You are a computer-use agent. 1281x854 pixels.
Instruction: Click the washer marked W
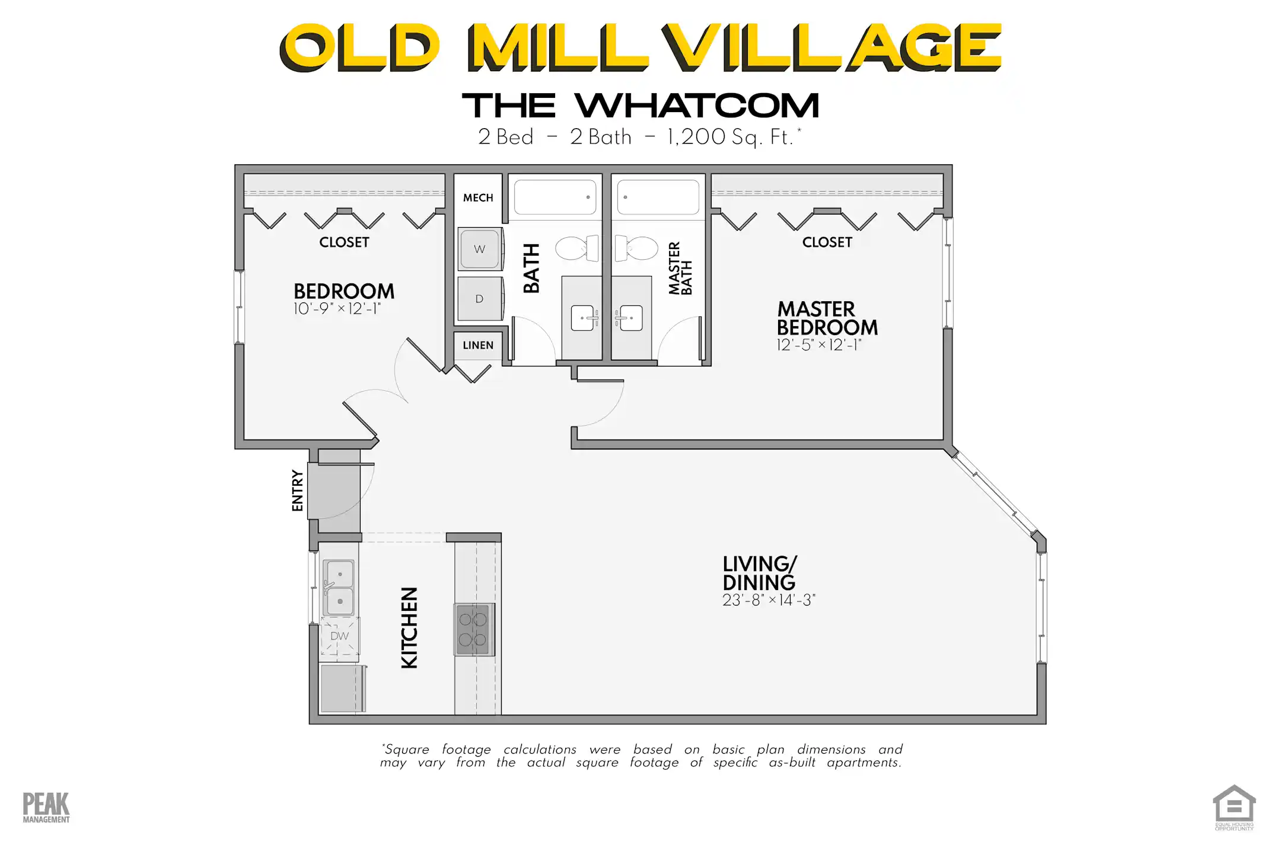click(480, 249)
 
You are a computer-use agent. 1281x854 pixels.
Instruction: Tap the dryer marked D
click(480, 299)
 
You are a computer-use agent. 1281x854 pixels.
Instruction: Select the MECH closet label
click(478, 197)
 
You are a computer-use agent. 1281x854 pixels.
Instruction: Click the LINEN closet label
click(478, 345)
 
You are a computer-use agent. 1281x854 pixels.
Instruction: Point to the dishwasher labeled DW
click(340, 636)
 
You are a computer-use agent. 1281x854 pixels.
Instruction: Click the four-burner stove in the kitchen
click(473, 629)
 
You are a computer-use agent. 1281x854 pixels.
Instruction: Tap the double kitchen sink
click(339, 588)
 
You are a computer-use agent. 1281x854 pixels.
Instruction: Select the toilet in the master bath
click(637, 248)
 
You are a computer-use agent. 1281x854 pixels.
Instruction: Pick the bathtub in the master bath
click(658, 197)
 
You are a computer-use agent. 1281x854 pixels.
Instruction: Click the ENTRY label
click(298, 490)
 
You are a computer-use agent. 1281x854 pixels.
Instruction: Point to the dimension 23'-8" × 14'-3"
click(769, 600)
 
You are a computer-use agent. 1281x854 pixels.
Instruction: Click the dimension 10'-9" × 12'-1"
click(337, 309)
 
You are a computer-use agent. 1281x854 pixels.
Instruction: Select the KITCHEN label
click(410, 627)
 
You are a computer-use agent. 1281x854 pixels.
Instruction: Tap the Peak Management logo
click(46, 807)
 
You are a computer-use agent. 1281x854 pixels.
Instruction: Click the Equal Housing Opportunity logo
click(1234, 807)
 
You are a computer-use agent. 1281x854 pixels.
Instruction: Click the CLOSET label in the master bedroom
click(827, 242)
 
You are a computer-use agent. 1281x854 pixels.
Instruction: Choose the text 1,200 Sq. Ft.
click(730, 137)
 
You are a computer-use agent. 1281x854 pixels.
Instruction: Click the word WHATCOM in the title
click(697, 106)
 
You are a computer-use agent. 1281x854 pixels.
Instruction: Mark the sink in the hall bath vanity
click(582, 318)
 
